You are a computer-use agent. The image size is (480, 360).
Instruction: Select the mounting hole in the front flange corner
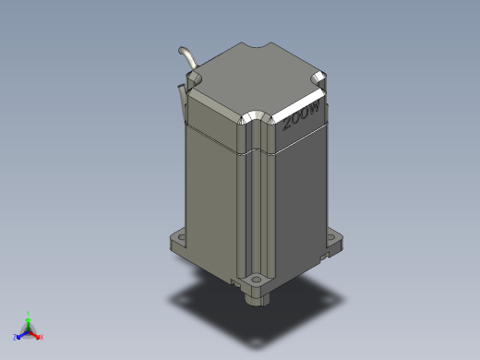click(x=254, y=277)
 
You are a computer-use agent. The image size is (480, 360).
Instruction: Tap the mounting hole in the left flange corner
click(x=179, y=237)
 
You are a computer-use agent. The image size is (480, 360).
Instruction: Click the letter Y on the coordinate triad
click(x=29, y=313)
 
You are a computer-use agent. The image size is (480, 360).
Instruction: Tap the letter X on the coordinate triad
click(x=42, y=338)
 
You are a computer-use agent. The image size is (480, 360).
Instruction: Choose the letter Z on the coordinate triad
click(x=15, y=338)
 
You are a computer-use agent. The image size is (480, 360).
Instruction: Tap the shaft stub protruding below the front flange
click(x=252, y=297)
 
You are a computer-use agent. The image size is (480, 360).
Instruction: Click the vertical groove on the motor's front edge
click(x=249, y=212)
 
